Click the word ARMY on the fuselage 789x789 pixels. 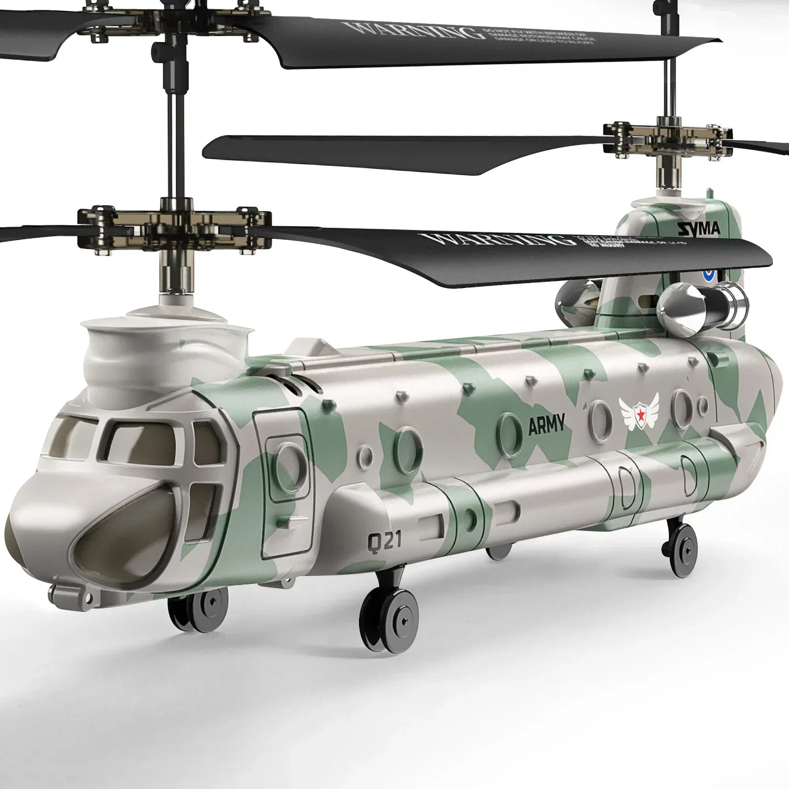tap(546, 425)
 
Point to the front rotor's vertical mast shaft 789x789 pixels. tap(175, 128)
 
